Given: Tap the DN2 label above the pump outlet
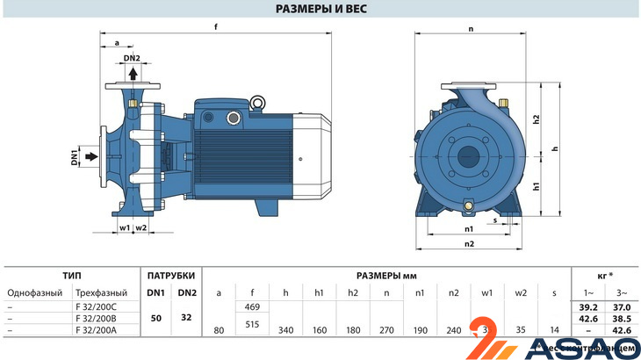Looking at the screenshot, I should click(x=132, y=58).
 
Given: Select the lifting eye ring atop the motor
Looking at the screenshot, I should click(x=259, y=104).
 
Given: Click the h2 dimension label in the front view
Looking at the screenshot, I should click(x=536, y=119).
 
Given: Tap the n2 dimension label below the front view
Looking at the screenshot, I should click(x=469, y=243).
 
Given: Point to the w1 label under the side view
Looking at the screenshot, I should click(x=124, y=227).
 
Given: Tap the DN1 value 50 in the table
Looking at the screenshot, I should click(x=155, y=317).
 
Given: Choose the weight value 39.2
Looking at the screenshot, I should click(x=588, y=306).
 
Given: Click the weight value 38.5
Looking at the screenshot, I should click(x=622, y=317).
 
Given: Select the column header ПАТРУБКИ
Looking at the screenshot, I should click(x=170, y=275).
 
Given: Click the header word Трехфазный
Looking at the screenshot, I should click(x=101, y=292).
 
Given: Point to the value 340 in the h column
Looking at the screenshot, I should click(x=285, y=330).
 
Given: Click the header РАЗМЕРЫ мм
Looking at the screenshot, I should click(x=386, y=275).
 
